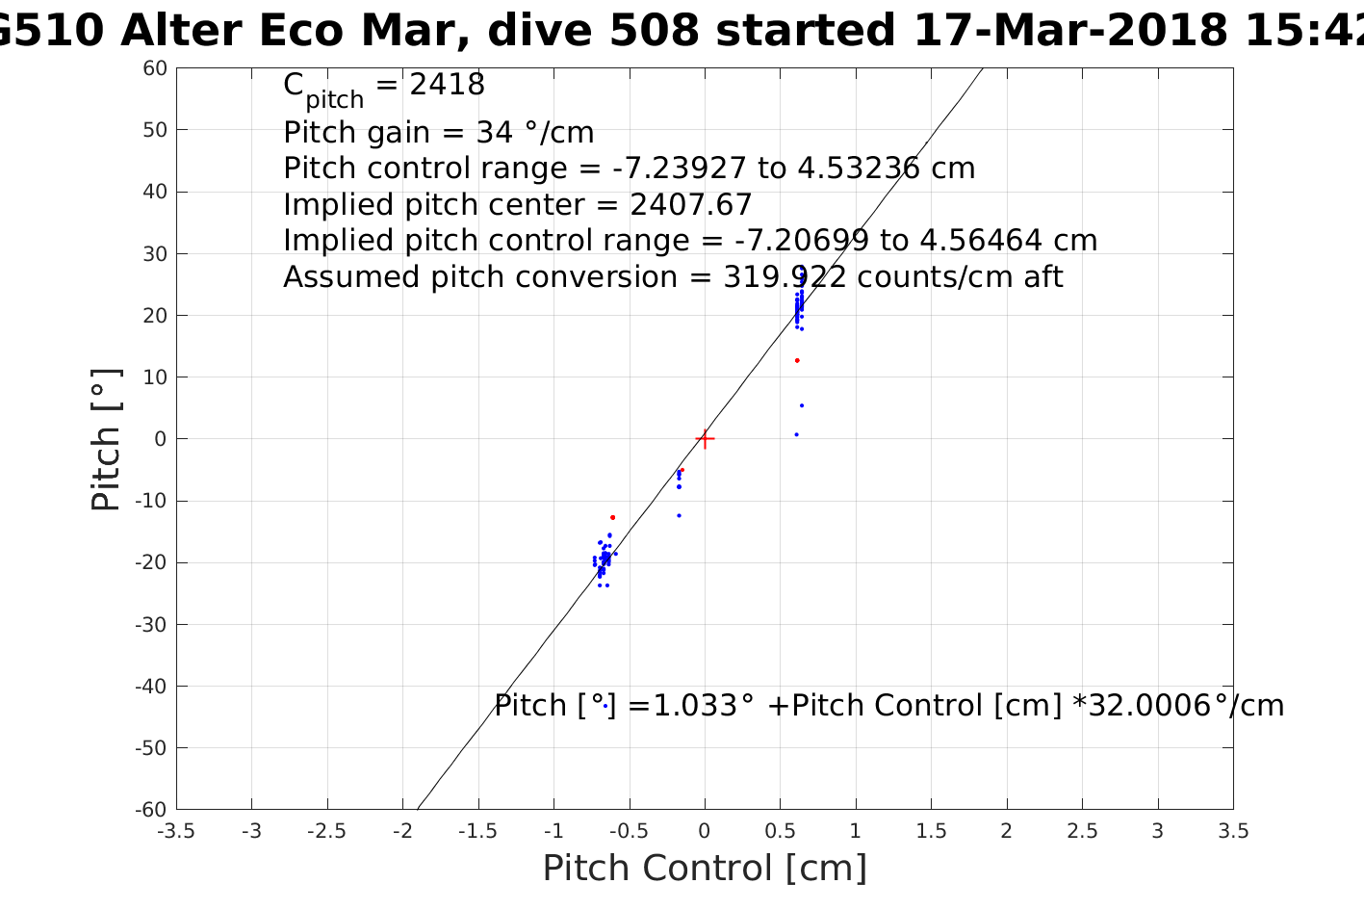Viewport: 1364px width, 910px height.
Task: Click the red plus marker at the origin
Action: click(x=705, y=439)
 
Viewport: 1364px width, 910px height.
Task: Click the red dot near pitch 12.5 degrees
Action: click(x=797, y=360)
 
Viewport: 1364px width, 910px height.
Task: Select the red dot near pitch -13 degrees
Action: click(x=612, y=517)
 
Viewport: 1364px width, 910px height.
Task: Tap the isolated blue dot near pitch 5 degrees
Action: click(x=802, y=405)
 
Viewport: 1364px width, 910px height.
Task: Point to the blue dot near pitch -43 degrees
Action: click(x=605, y=706)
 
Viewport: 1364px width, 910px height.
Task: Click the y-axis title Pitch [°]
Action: click(x=106, y=439)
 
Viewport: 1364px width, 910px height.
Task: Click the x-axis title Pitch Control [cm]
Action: click(x=705, y=868)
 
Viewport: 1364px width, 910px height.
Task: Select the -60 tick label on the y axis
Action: click(x=152, y=809)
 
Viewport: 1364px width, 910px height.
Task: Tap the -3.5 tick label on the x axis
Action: click(x=176, y=831)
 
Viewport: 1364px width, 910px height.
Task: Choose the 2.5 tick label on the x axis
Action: click(x=1082, y=831)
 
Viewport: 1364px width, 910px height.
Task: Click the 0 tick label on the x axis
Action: click(x=705, y=831)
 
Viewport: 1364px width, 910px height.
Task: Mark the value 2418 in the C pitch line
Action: click(x=447, y=86)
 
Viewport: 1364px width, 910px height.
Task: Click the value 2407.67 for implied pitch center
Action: click(x=691, y=205)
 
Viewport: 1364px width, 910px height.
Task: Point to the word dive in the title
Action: click(x=532, y=31)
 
